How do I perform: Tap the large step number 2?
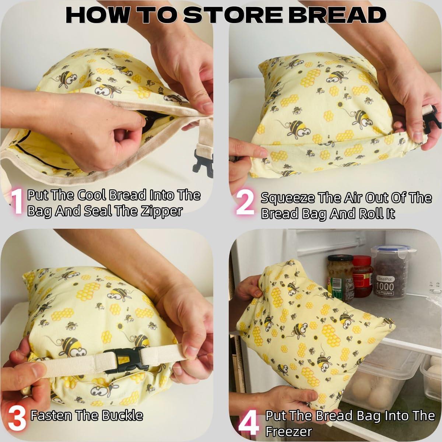[244, 203]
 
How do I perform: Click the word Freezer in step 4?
[288, 431]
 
